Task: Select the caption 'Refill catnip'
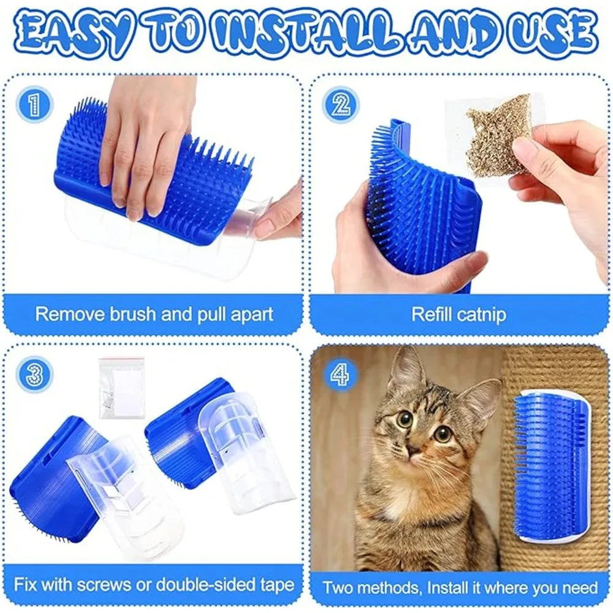pos(459,315)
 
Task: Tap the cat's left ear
pos(406,371)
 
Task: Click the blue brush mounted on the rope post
pos(549,466)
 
